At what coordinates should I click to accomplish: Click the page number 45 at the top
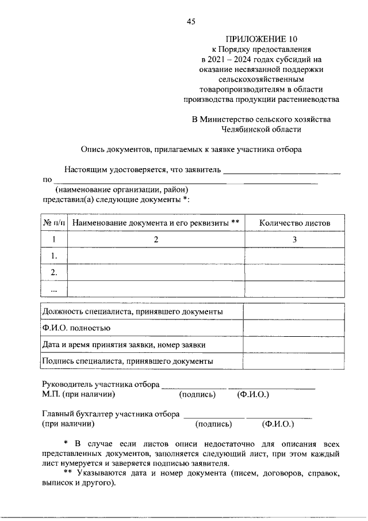click(191, 22)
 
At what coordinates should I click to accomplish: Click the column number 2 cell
click(156, 239)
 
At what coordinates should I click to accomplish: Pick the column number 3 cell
click(294, 239)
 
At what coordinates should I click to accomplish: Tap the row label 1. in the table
click(54, 256)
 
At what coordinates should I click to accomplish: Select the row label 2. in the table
click(54, 272)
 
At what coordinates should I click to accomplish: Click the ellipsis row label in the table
click(54, 289)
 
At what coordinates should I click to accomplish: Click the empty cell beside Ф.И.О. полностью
click(294, 328)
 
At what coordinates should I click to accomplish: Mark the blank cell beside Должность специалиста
click(294, 311)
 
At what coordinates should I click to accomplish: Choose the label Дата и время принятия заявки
click(124, 345)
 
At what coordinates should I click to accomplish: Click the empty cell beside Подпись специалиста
click(294, 362)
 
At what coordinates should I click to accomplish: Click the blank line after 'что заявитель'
click(282, 171)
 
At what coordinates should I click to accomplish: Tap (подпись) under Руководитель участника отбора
click(197, 395)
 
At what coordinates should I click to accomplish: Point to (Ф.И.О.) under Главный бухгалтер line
click(278, 425)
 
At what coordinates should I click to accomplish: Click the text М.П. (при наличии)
click(79, 395)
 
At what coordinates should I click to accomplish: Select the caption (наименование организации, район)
click(122, 189)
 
